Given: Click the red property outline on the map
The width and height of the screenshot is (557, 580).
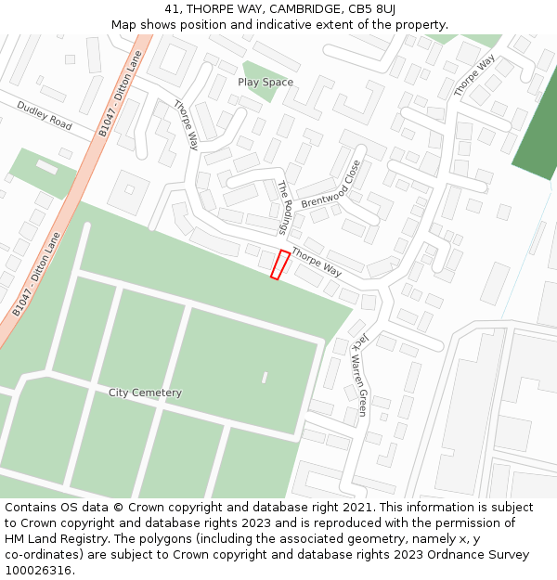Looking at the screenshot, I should pos(279,264).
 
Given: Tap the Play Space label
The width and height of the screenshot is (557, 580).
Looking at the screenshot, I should pos(266,83).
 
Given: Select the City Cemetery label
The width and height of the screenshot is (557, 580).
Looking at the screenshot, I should pos(145,393).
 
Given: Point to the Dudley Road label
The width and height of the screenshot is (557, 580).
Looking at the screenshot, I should pos(44,115).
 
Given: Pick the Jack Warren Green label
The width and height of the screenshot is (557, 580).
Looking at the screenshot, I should pos(359,374).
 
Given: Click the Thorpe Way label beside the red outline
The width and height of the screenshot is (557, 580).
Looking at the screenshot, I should pos(317,263).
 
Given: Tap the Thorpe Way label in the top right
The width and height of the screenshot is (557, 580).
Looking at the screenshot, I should pos(474,76).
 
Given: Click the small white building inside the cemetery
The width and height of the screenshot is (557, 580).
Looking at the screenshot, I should pos(265,378).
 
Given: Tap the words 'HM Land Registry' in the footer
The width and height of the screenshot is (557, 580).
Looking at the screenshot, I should pos(54,539).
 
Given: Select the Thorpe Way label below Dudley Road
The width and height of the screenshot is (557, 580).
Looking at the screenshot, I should pos(187,125).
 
